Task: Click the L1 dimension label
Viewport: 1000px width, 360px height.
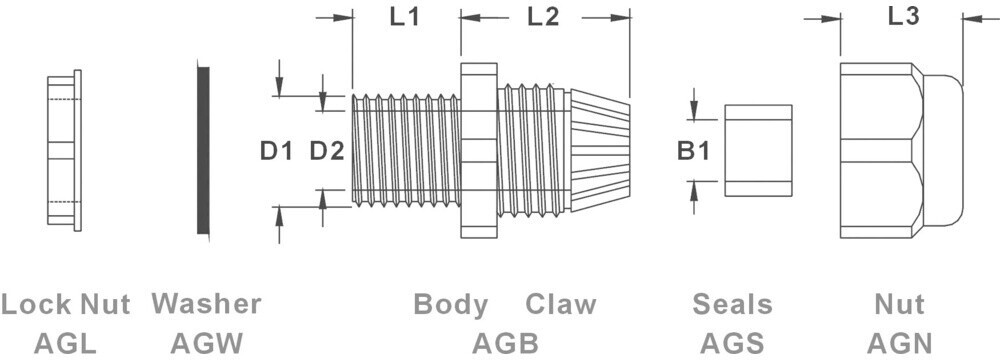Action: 404,17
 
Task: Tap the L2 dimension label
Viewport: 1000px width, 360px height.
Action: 543,17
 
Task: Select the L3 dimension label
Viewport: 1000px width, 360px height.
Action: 903,17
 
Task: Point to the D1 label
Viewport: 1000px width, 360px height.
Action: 276,151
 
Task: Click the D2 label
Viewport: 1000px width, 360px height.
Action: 327,151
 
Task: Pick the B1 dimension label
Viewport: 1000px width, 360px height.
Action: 693,151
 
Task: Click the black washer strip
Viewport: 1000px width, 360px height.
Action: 203,151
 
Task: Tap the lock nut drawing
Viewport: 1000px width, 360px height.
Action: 64,151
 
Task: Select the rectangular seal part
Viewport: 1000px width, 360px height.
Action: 758,151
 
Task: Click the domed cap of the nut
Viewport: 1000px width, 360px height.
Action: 943,151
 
